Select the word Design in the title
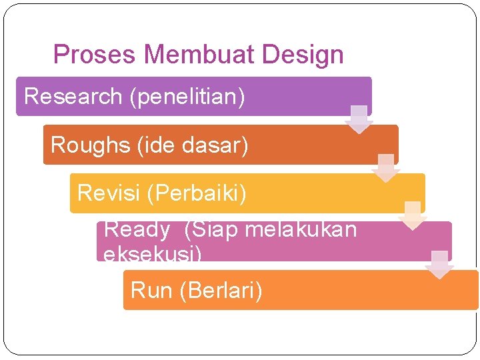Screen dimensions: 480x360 [303, 55]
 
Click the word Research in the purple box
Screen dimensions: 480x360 [73, 97]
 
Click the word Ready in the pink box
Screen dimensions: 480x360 [137, 230]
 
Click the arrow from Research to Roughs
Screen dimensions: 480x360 [359, 119]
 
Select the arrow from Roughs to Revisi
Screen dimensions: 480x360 [386, 167]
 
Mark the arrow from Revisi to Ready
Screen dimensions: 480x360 [413, 215]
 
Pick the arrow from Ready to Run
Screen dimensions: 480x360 [439, 264]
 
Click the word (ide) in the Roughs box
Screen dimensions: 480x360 [151, 145]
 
